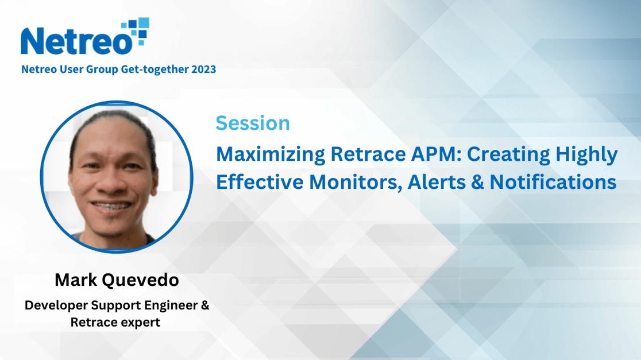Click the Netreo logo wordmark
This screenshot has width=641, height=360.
pos(77,41)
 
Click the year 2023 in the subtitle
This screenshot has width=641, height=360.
pos(203,69)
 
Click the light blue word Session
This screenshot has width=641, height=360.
pos(253,123)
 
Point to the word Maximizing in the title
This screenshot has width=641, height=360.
pos(270,154)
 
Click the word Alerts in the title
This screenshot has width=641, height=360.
pos(437,182)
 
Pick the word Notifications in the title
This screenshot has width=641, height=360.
pos(553,182)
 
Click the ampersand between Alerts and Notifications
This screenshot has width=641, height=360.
pos(477,182)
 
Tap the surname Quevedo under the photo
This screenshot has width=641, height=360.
pos(140,280)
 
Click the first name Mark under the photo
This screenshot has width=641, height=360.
pos(76,280)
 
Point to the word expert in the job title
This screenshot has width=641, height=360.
pos(140,323)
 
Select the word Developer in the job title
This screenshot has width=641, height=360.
pos(56,305)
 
